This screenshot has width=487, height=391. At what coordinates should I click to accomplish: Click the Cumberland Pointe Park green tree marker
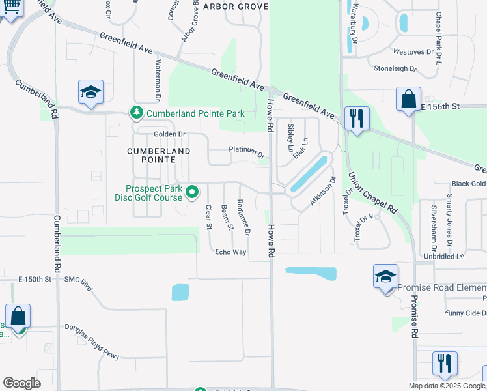coord(137,113)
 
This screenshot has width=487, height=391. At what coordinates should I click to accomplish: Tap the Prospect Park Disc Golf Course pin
coord(192,192)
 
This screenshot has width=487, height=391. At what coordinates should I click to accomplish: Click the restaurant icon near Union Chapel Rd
coord(356,119)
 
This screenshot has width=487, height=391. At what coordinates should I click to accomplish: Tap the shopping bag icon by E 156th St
coord(408,100)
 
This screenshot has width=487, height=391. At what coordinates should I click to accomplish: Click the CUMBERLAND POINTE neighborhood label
coord(158,155)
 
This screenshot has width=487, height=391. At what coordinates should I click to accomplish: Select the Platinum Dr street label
coord(247,151)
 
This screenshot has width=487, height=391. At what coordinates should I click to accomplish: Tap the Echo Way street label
coord(230,252)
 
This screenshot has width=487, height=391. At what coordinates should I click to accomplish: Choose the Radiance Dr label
coord(244,216)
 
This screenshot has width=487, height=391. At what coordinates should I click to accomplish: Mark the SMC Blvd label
coord(79,279)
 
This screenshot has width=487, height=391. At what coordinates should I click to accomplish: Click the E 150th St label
coord(35,279)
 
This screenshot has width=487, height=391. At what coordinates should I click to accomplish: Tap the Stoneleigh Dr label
coord(395,68)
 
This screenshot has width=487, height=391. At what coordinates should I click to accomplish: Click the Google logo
coord(21,383)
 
